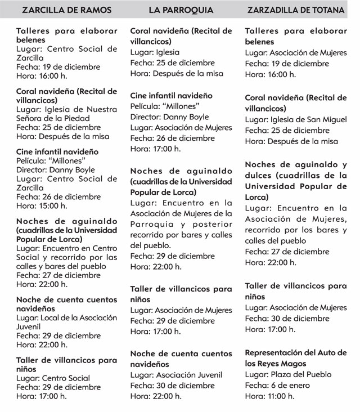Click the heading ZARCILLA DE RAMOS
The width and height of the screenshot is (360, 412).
point(66,10)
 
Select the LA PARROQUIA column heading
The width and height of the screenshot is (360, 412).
point(181,10)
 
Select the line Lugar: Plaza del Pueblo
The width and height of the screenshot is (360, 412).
point(289,374)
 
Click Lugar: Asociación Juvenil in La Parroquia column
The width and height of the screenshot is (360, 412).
point(176,375)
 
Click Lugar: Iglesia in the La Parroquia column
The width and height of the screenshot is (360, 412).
point(155,52)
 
